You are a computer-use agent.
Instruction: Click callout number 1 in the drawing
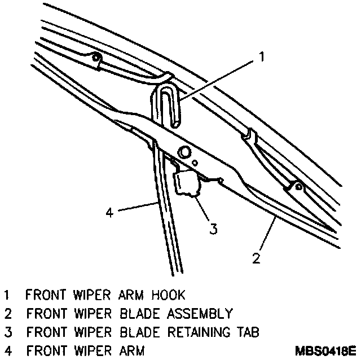262,56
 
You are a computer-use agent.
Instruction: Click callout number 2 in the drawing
256,258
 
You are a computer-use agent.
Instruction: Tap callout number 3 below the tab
213,229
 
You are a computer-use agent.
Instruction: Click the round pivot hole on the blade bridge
184,153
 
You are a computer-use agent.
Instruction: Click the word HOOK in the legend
169,295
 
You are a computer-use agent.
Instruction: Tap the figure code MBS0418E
325,351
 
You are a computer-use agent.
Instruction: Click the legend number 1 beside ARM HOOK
7,295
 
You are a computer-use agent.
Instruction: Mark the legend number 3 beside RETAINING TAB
7,332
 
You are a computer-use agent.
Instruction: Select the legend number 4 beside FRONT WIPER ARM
7,350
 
